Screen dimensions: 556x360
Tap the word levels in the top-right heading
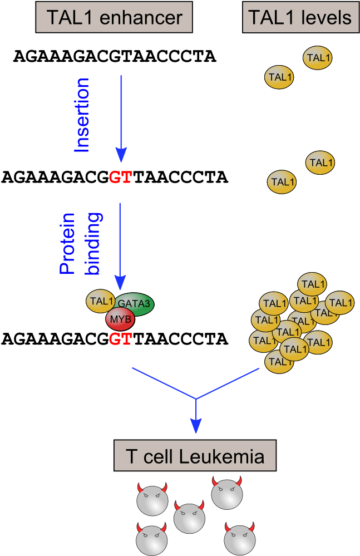coord(326,17)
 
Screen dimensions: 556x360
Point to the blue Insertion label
coord(82,115)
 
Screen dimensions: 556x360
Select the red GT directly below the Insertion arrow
coord(121,178)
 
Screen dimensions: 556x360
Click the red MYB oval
coord(120,319)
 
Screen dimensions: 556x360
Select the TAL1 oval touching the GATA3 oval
coord(101,301)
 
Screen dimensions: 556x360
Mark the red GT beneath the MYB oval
coord(121,338)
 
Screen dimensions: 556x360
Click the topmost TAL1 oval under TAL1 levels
coord(318,58)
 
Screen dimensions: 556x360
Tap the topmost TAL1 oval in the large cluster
coord(312,284)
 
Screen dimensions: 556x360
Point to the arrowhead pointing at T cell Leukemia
coord(196,426)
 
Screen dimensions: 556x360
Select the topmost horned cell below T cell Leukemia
coord(227,493)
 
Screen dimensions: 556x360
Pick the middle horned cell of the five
coord(190,517)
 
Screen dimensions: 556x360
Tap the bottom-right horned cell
coord(239,539)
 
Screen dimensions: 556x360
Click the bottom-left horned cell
coord(152,539)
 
